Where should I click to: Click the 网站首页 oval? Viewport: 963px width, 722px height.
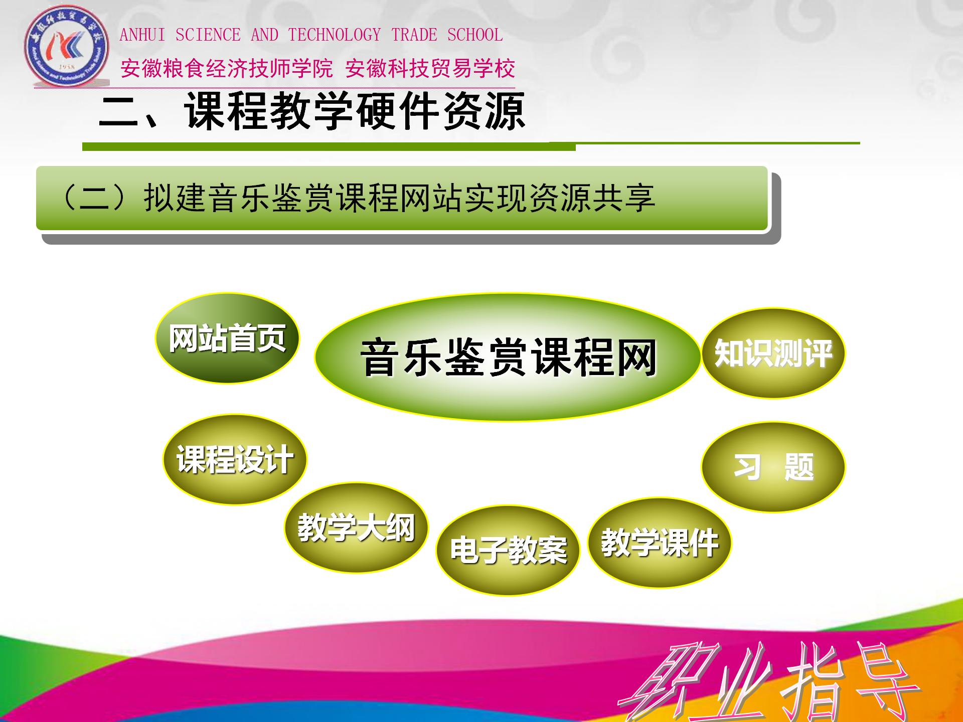pyautogui.click(x=227, y=338)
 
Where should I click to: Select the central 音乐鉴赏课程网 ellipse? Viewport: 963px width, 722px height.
pyautogui.click(x=507, y=357)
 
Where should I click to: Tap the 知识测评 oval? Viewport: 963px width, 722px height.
pyautogui.click(x=773, y=352)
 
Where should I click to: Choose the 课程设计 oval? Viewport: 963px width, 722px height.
pyautogui.click(x=235, y=459)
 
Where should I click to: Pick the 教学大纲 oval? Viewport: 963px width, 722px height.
pyautogui.click(x=356, y=527)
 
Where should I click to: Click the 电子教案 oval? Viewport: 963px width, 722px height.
pyautogui.click(x=508, y=550)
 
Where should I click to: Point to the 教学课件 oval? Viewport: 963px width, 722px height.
pyautogui.click(x=659, y=543)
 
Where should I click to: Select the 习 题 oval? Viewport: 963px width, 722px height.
pyautogui.click(x=773, y=467)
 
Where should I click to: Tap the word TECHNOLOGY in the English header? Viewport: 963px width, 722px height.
pyautogui.click(x=335, y=35)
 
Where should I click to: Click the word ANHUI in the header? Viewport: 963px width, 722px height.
pyautogui.click(x=142, y=35)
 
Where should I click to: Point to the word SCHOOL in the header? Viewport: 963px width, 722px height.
pyautogui.click(x=475, y=35)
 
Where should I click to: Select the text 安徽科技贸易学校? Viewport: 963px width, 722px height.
pyautogui.click(x=430, y=68)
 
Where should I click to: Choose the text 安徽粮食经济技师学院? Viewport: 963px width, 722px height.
pyautogui.click(x=227, y=68)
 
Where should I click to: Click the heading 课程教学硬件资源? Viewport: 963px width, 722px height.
pyautogui.click(x=355, y=111)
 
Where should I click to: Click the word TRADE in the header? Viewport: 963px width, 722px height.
pyautogui.click(x=414, y=35)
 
